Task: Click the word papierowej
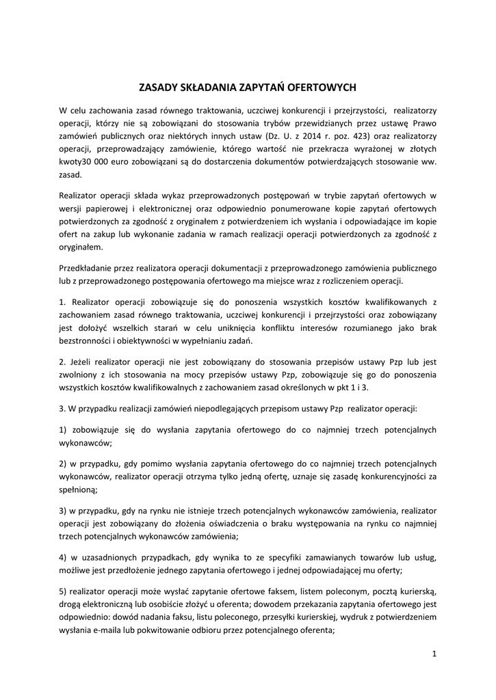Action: pyautogui.click(x=109, y=207)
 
